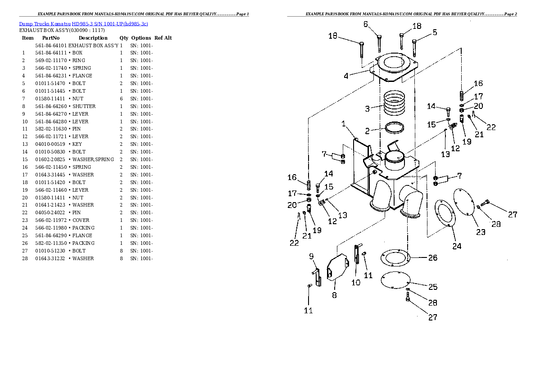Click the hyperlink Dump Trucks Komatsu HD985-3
[84, 23]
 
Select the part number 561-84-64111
[50, 53]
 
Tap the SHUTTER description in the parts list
[84, 106]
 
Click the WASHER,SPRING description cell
[93, 159]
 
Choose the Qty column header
[123, 38]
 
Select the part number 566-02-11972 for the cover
[50, 220]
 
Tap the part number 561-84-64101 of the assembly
[50, 45]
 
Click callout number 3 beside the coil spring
[367, 108]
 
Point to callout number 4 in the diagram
[345, 76]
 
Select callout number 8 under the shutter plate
[334, 295]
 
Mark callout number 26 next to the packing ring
[432, 258]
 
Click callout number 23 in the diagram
[481, 232]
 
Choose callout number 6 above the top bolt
[365, 24]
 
